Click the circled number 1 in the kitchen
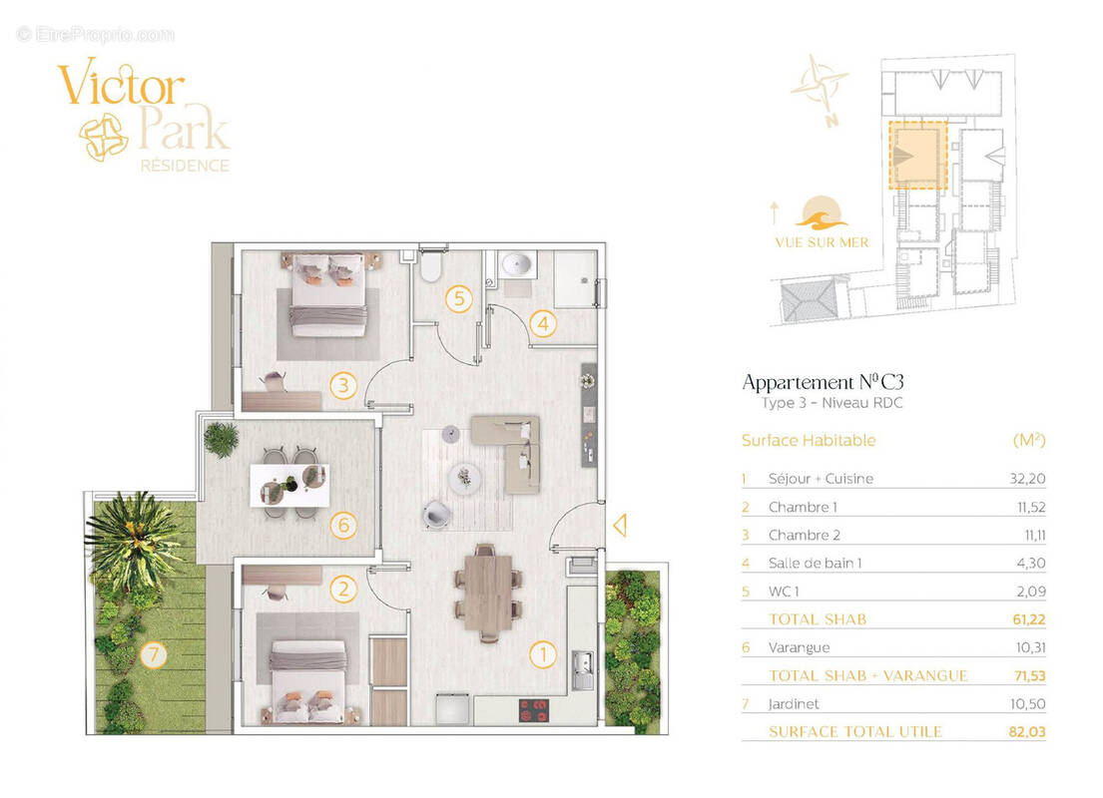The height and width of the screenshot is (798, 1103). coord(542,654)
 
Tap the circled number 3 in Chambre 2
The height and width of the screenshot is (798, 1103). coord(343,385)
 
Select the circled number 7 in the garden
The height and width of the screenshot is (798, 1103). coord(153,655)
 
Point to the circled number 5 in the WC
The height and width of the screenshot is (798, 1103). coord(458,299)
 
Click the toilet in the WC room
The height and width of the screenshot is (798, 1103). coord(430,265)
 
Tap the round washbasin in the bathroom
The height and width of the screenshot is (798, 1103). coord(516,264)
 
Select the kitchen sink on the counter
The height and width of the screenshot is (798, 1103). coord(582,670)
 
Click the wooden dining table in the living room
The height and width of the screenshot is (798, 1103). coord(487,592)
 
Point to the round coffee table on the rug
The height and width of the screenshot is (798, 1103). coord(464,479)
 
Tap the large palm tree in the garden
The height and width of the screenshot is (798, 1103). coord(133,538)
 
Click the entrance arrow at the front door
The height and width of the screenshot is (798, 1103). coord(620,526)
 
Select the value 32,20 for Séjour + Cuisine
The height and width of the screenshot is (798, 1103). coord(1027,479)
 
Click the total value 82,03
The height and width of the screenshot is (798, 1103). coord(1027,732)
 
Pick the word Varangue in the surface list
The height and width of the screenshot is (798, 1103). coord(800,647)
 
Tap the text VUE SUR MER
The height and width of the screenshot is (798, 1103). coord(822,242)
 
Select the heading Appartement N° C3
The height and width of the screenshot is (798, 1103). coord(823,382)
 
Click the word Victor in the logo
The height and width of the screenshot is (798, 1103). coord(121,85)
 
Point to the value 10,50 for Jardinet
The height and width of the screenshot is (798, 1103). coord(1027,704)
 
